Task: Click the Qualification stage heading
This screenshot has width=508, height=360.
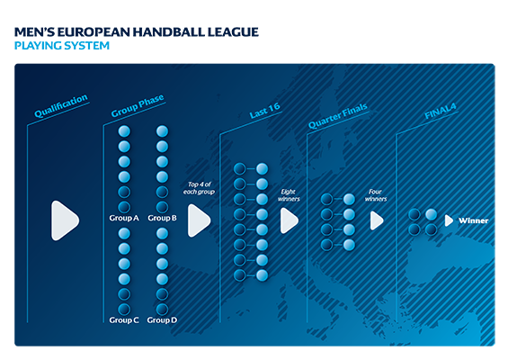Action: [x=61, y=105]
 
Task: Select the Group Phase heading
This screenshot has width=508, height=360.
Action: [x=138, y=105]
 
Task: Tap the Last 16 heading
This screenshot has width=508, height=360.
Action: [x=264, y=111]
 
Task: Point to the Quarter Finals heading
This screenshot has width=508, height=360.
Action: [x=337, y=115]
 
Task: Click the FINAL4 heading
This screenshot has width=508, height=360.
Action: [x=441, y=111]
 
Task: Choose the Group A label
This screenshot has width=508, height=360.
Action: [x=124, y=218]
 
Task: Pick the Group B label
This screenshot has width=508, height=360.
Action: [x=162, y=218]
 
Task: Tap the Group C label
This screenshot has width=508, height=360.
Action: [x=124, y=320]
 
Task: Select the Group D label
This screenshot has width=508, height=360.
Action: [x=162, y=320]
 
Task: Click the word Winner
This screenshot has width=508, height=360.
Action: [x=473, y=220]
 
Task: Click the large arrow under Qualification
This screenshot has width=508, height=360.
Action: [x=65, y=220]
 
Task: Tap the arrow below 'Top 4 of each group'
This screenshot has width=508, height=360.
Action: [x=199, y=220]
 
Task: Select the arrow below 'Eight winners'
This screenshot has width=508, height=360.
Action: [x=289, y=220]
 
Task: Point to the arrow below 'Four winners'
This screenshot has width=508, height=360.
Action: [x=377, y=220]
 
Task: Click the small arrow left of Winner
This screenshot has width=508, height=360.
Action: [x=449, y=220]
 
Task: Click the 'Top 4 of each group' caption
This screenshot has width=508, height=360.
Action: [x=199, y=188]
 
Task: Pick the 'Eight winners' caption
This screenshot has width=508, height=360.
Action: [x=289, y=195]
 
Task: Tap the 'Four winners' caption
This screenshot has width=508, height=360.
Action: [x=376, y=195]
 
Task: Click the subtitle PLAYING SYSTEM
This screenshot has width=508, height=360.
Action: [x=62, y=46]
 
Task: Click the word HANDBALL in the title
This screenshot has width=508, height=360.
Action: [x=168, y=32]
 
